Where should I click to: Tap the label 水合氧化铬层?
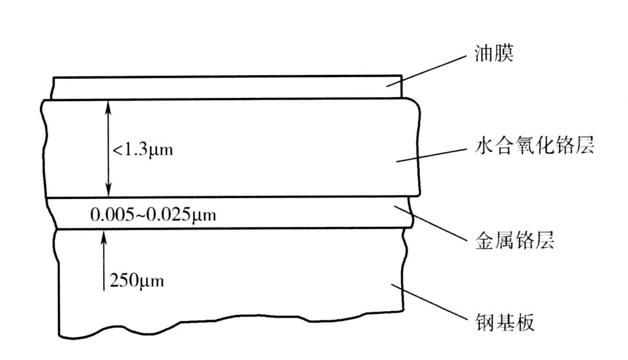pos(533,145)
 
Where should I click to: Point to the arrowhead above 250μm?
pos(103,234)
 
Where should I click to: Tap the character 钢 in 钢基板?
pos(483,322)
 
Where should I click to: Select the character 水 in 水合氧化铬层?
pos(483,145)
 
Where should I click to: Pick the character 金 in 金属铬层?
pos(483,241)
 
